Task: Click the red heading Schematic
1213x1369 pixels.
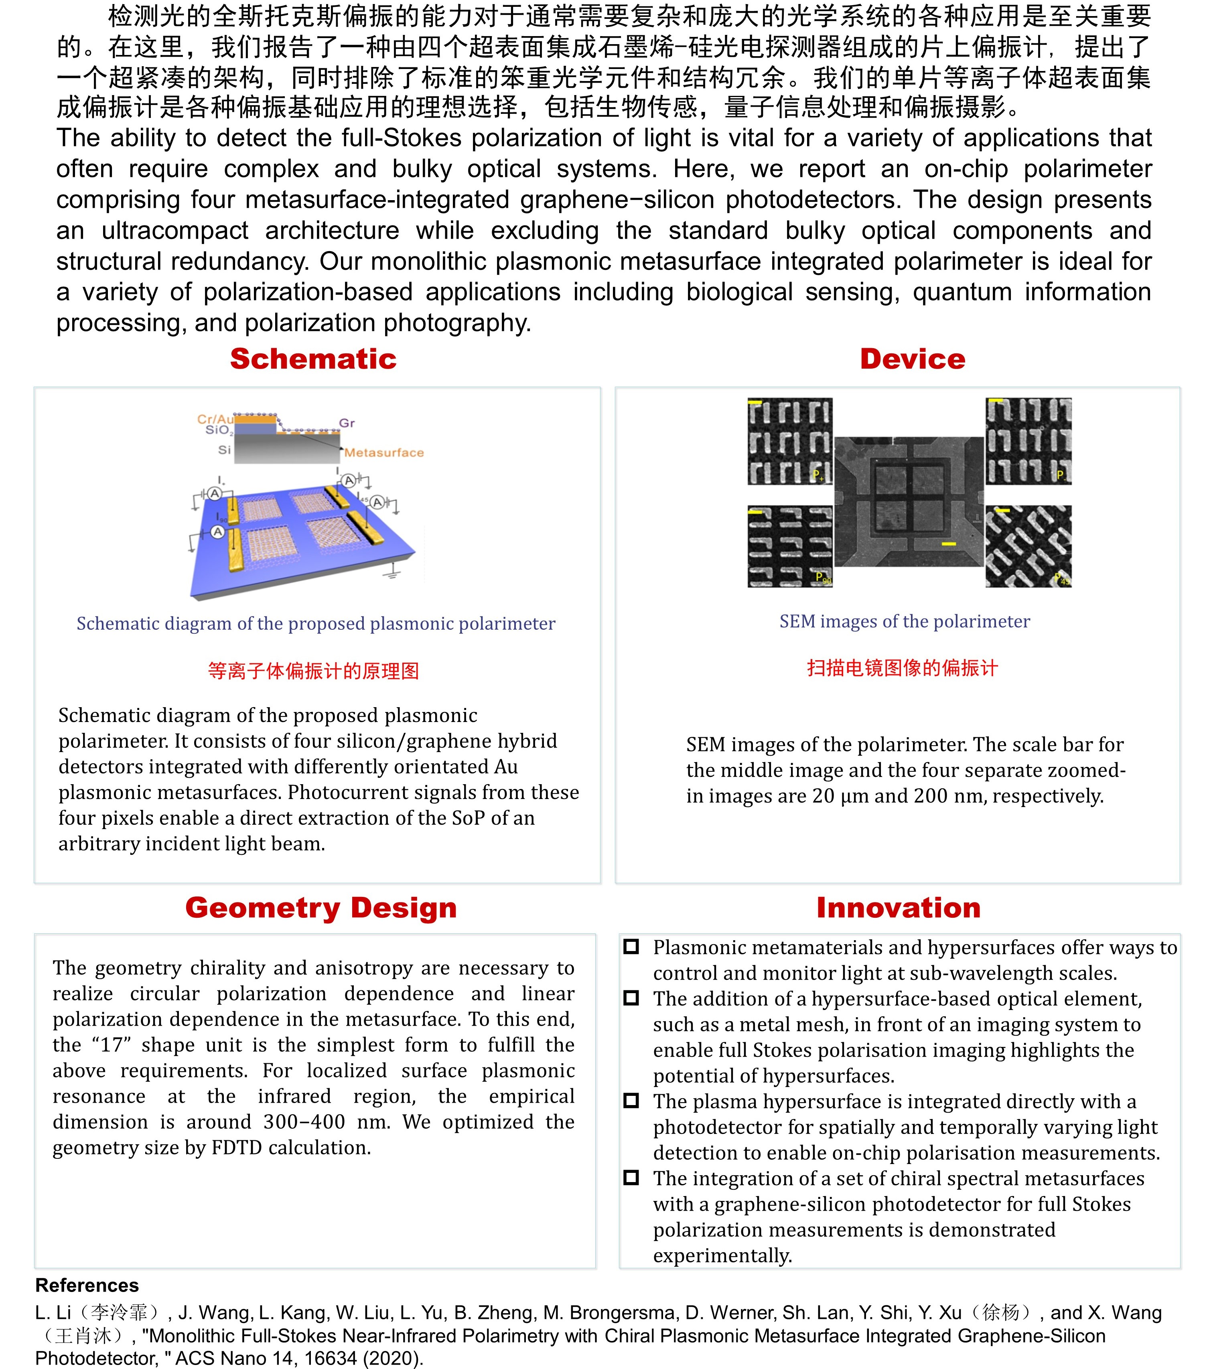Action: tap(313, 359)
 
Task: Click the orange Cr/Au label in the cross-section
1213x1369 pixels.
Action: tap(214, 419)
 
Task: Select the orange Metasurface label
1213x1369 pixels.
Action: tap(384, 453)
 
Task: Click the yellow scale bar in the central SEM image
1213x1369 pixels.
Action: tap(948, 544)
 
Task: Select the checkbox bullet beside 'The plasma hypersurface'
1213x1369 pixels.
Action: tap(631, 1101)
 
